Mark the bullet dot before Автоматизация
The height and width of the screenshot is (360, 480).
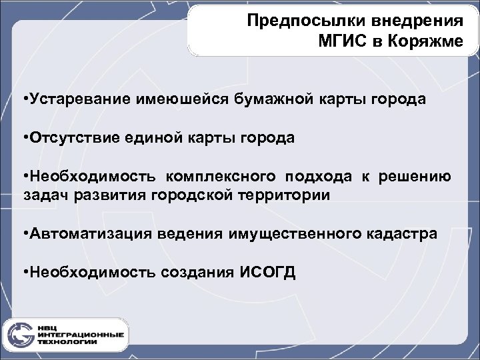pos(25,234)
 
